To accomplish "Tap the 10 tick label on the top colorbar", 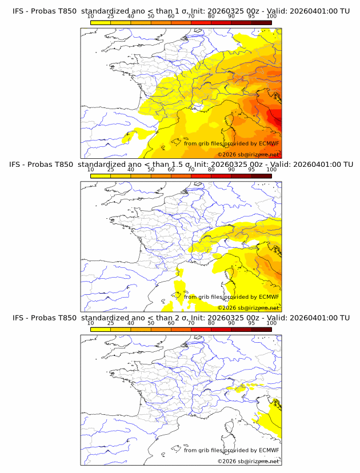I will point(90,17).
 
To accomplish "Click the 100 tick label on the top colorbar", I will point(271,17).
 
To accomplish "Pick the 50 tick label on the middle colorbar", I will point(151,170).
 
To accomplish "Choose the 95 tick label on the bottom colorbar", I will point(251,323).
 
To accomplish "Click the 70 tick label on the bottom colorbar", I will point(191,323).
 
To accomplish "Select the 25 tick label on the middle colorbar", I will point(110,170).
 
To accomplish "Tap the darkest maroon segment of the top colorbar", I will point(261,23).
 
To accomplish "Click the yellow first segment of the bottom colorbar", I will point(101,330).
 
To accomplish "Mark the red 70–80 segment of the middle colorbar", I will point(201,176).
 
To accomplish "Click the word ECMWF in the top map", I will point(269,143).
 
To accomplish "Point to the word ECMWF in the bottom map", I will point(269,450).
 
